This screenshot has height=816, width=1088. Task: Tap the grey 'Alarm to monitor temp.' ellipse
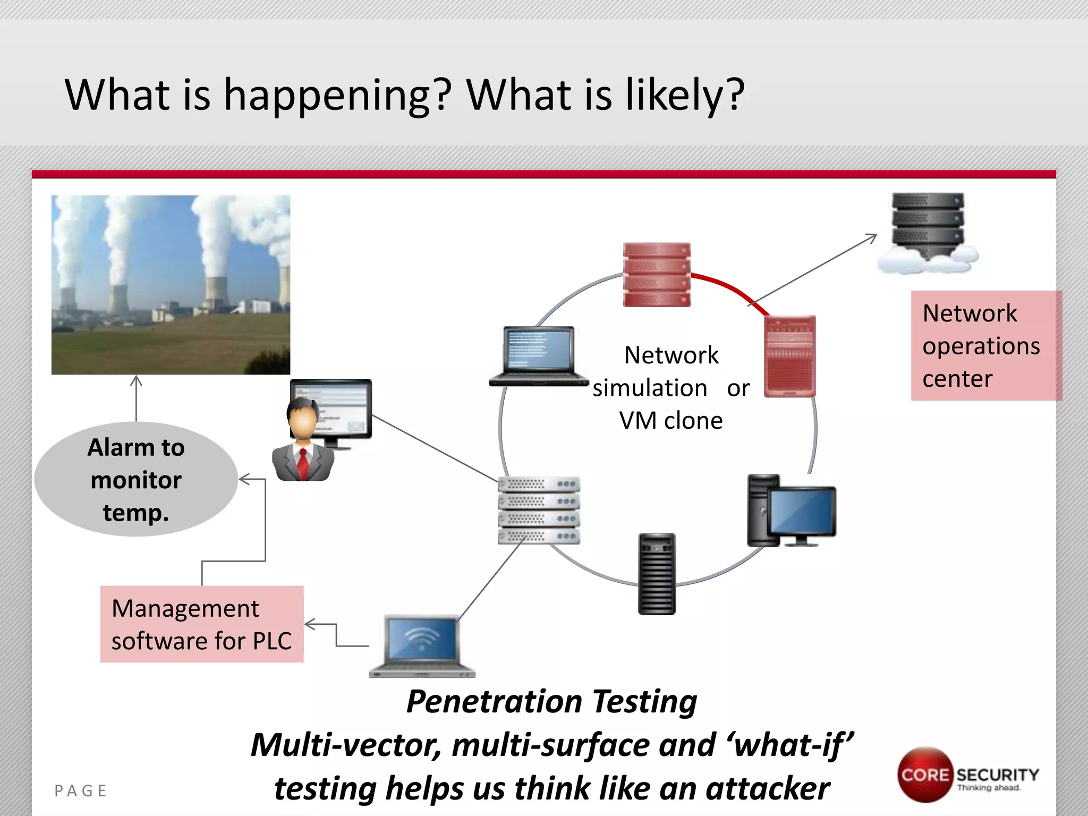coord(136,479)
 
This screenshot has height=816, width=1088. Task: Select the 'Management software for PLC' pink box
coord(202,624)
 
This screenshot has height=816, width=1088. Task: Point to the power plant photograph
coord(171,285)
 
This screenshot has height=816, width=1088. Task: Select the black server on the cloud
coord(928,223)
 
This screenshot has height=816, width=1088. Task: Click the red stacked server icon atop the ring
coord(657,275)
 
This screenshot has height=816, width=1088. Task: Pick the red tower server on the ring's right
coord(789,356)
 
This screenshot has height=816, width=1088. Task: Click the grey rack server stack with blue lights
coord(539,510)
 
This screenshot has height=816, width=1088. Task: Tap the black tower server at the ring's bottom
coord(657,574)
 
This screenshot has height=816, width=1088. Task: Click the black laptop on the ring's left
coord(539,355)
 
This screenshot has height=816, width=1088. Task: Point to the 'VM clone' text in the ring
coord(670,421)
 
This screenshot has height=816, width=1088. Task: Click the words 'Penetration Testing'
coord(551,701)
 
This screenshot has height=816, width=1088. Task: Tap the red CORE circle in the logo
coord(924,775)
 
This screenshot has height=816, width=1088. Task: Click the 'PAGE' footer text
coord(81,791)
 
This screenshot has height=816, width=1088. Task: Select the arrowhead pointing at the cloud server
coord(872,237)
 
